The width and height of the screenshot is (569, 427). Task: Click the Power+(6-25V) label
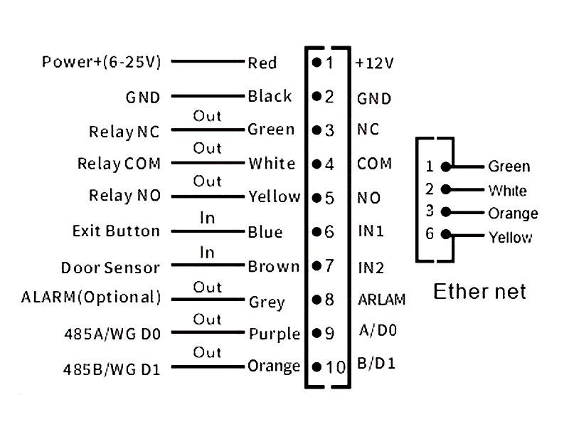pyautogui.click(x=102, y=62)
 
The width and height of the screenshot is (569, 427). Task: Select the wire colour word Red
pyautogui.click(x=262, y=63)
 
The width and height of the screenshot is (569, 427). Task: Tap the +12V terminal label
pyautogui.click(x=374, y=63)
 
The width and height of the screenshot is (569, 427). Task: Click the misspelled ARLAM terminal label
pyautogui.click(x=381, y=300)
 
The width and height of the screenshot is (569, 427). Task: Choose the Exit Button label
pyautogui.click(x=116, y=231)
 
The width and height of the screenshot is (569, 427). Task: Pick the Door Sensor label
pyautogui.click(x=110, y=268)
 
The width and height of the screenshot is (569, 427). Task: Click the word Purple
pyautogui.click(x=274, y=334)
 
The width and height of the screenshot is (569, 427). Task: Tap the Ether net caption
pyautogui.click(x=480, y=291)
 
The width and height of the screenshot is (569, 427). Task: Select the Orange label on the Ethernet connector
pyautogui.click(x=513, y=213)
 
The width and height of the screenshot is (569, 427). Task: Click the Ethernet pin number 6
pyautogui.click(x=430, y=234)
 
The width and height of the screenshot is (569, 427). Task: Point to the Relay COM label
pyautogui.click(x=119, y=164)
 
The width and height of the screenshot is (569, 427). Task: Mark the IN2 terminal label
pyautogui.click(x=370, y=268)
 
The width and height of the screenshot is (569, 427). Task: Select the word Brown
pyautogui.click(x=273, y=267)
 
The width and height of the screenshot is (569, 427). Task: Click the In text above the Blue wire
pyautogui.click(x=207, y=218)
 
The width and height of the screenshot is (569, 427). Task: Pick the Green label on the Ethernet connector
pyautogui.click(x=509, y=167)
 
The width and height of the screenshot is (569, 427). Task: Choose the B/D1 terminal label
pyautogui.click(x=376, y=364)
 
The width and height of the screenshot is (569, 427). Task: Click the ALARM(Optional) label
pyautogui.click(x=91, y=297)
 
